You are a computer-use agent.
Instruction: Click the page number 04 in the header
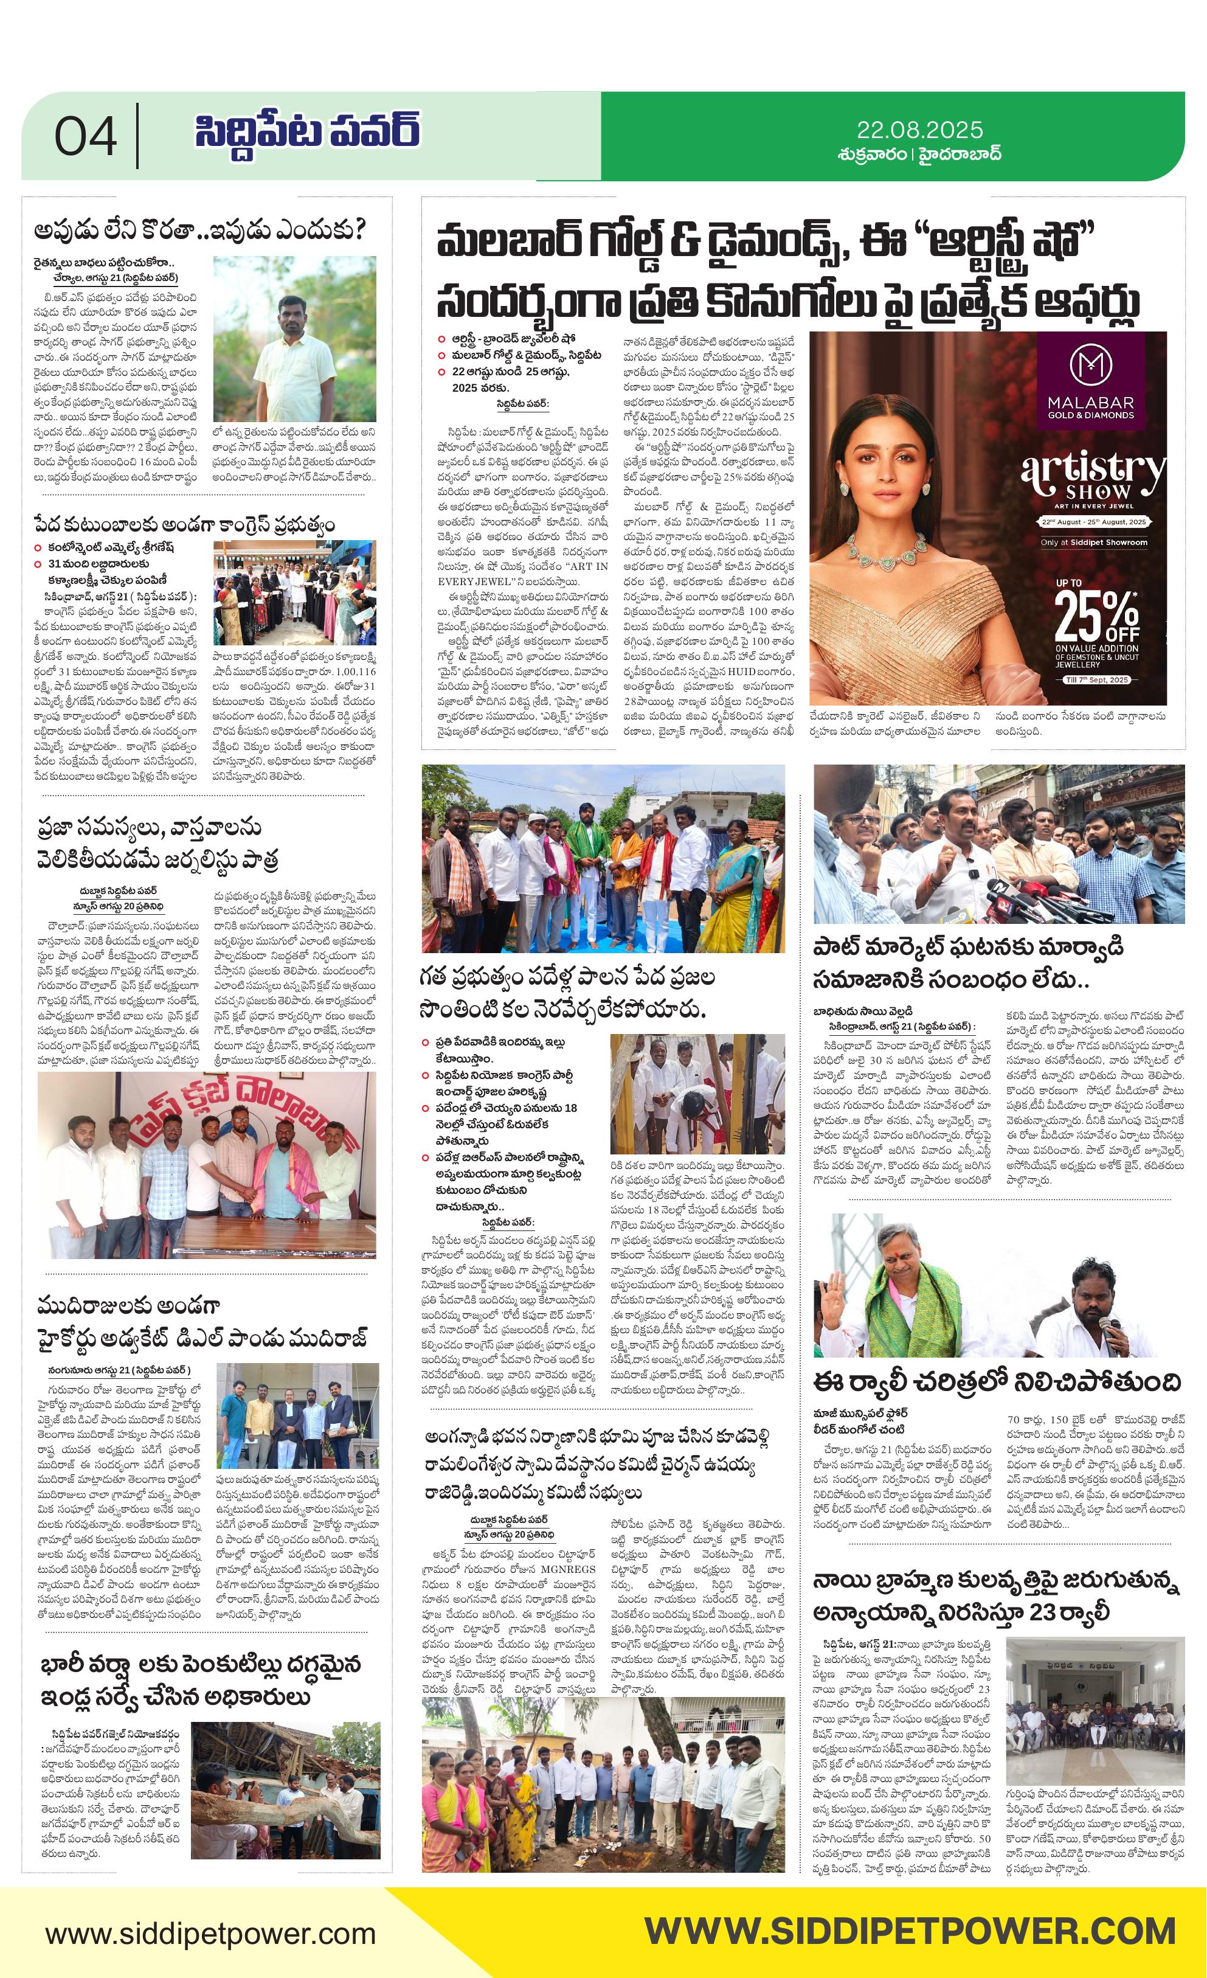point(86,136)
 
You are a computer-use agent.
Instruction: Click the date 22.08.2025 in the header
point(920,130)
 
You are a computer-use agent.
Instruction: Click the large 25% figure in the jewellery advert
point(1096,615)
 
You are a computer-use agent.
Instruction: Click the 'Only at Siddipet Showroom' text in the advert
point(1094,543)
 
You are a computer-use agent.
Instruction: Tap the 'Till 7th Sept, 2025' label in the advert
point(1096,680)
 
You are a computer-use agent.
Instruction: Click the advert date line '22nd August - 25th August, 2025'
point(1094,522)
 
